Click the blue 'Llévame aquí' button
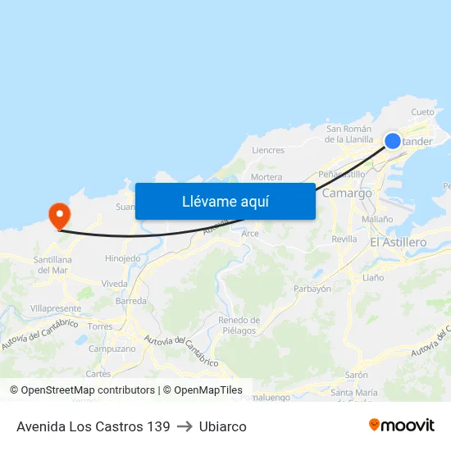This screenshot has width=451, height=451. point(225,201)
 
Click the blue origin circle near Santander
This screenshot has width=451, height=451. point(393,141)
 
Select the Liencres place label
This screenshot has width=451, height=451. point(268,150)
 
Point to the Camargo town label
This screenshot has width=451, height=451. point(347,194)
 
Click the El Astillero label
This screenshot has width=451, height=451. point(399,242)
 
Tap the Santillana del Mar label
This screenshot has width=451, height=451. point(51,265)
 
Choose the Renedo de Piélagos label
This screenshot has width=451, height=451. point(239,325)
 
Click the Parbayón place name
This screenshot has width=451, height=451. point(312,289)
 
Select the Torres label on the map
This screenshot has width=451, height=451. point(100,326)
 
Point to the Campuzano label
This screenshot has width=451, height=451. point(112,348)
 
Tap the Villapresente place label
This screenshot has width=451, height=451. point(56,308)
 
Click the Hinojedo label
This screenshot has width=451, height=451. point(123,258)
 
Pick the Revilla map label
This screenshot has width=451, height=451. point(344,239)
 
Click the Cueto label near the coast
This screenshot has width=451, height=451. point(422,112)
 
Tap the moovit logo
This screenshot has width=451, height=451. point(401,425)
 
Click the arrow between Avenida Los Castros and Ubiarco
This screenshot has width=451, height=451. point(184,426)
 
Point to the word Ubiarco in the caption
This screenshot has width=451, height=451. point(222,426)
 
